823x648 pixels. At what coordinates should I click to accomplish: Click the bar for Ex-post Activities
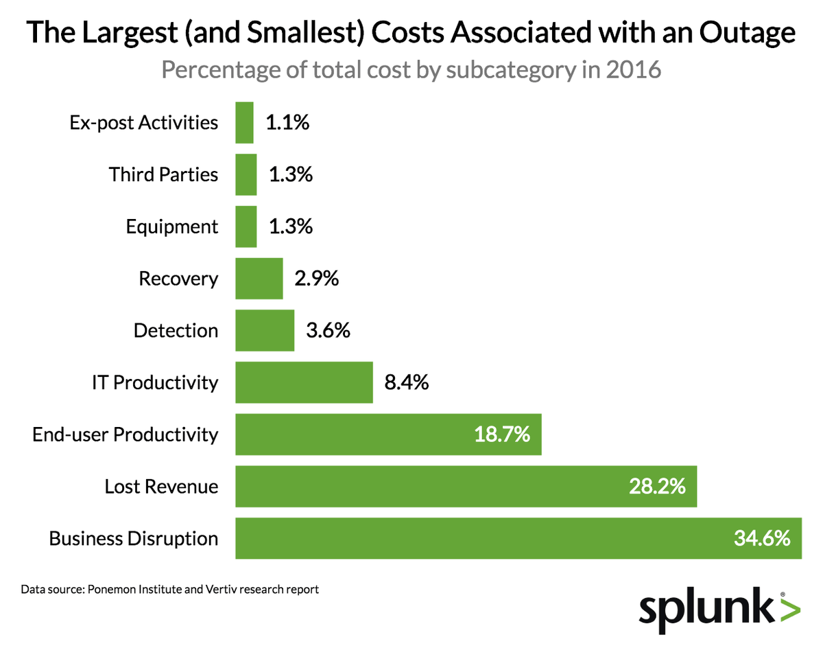point(244,123)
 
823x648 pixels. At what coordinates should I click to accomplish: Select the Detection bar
point(265,330)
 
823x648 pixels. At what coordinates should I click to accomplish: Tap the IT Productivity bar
point(304,382)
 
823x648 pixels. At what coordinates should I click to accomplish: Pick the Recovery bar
point(259,279)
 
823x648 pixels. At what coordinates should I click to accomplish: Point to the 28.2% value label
point(657,487)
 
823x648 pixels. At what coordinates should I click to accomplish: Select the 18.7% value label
point(502,435)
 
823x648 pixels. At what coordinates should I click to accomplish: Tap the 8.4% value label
point(406,382)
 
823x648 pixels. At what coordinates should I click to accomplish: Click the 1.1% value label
point(287,123)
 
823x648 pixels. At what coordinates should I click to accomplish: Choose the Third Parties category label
point(163,174)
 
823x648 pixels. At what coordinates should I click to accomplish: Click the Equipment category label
point(171,227)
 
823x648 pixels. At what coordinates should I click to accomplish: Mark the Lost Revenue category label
point(161,487)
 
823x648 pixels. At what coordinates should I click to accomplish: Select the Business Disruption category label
point(133,538)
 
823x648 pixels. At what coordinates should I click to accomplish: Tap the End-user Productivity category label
point(125,435)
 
